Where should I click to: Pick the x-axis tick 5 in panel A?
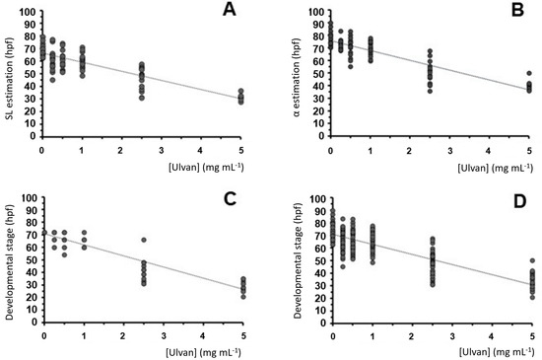[x=240, y=147]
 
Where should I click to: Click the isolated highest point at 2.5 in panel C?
[x=143, y=240]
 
